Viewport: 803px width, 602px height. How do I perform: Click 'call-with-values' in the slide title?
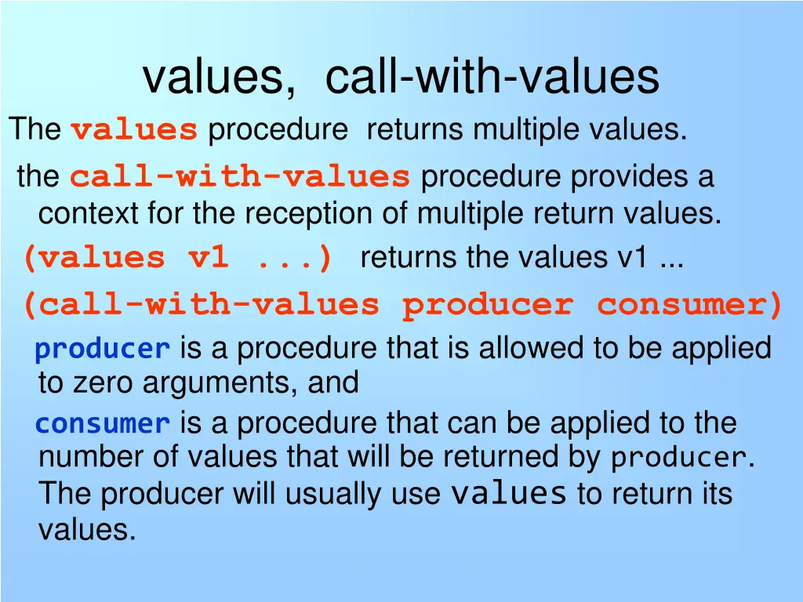tap(492, 78)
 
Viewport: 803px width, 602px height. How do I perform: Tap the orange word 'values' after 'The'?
tap(134, 129)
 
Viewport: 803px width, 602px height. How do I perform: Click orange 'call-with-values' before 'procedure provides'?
tap(240, 177)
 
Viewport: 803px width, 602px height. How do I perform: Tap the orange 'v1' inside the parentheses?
tap(209, 257)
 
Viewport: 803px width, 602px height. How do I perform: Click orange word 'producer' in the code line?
tap(487, 305)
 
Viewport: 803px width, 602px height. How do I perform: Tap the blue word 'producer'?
tap(103, 349)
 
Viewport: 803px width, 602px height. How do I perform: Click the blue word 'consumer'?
tap(103, 424)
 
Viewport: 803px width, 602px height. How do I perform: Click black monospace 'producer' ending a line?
tap(679, 458)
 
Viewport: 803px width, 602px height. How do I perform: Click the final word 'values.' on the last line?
tap(87, 531)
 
